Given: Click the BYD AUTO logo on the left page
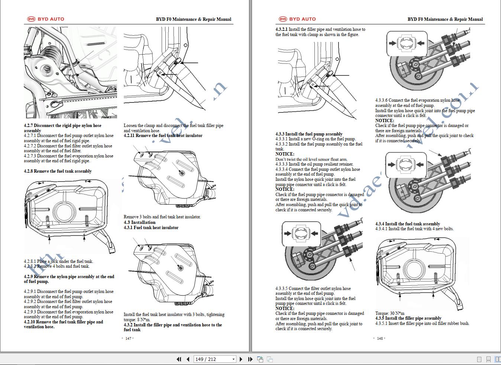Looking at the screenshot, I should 46,19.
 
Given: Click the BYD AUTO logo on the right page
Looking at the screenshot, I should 297,19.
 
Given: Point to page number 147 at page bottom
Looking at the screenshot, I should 128,338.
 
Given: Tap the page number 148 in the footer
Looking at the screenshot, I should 379,338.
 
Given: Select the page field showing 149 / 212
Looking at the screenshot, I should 212,359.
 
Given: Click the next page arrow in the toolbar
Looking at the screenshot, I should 241,359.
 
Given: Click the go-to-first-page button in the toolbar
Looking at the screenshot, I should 179,359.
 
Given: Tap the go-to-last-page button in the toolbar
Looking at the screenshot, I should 250,359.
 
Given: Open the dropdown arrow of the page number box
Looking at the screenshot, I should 233,359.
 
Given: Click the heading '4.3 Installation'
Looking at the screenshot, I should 139,222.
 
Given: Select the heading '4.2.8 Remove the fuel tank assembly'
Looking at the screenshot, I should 58,171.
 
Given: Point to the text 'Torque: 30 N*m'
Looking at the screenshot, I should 390,313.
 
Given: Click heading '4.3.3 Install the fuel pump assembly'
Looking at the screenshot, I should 309,134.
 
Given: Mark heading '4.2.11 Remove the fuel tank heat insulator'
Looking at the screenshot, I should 163,136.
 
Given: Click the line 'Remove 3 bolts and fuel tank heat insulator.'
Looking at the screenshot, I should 162,217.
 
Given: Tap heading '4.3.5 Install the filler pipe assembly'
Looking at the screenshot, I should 408,318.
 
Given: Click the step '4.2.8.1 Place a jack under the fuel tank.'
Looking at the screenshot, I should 58,261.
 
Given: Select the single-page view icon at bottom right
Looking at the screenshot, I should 479,359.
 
